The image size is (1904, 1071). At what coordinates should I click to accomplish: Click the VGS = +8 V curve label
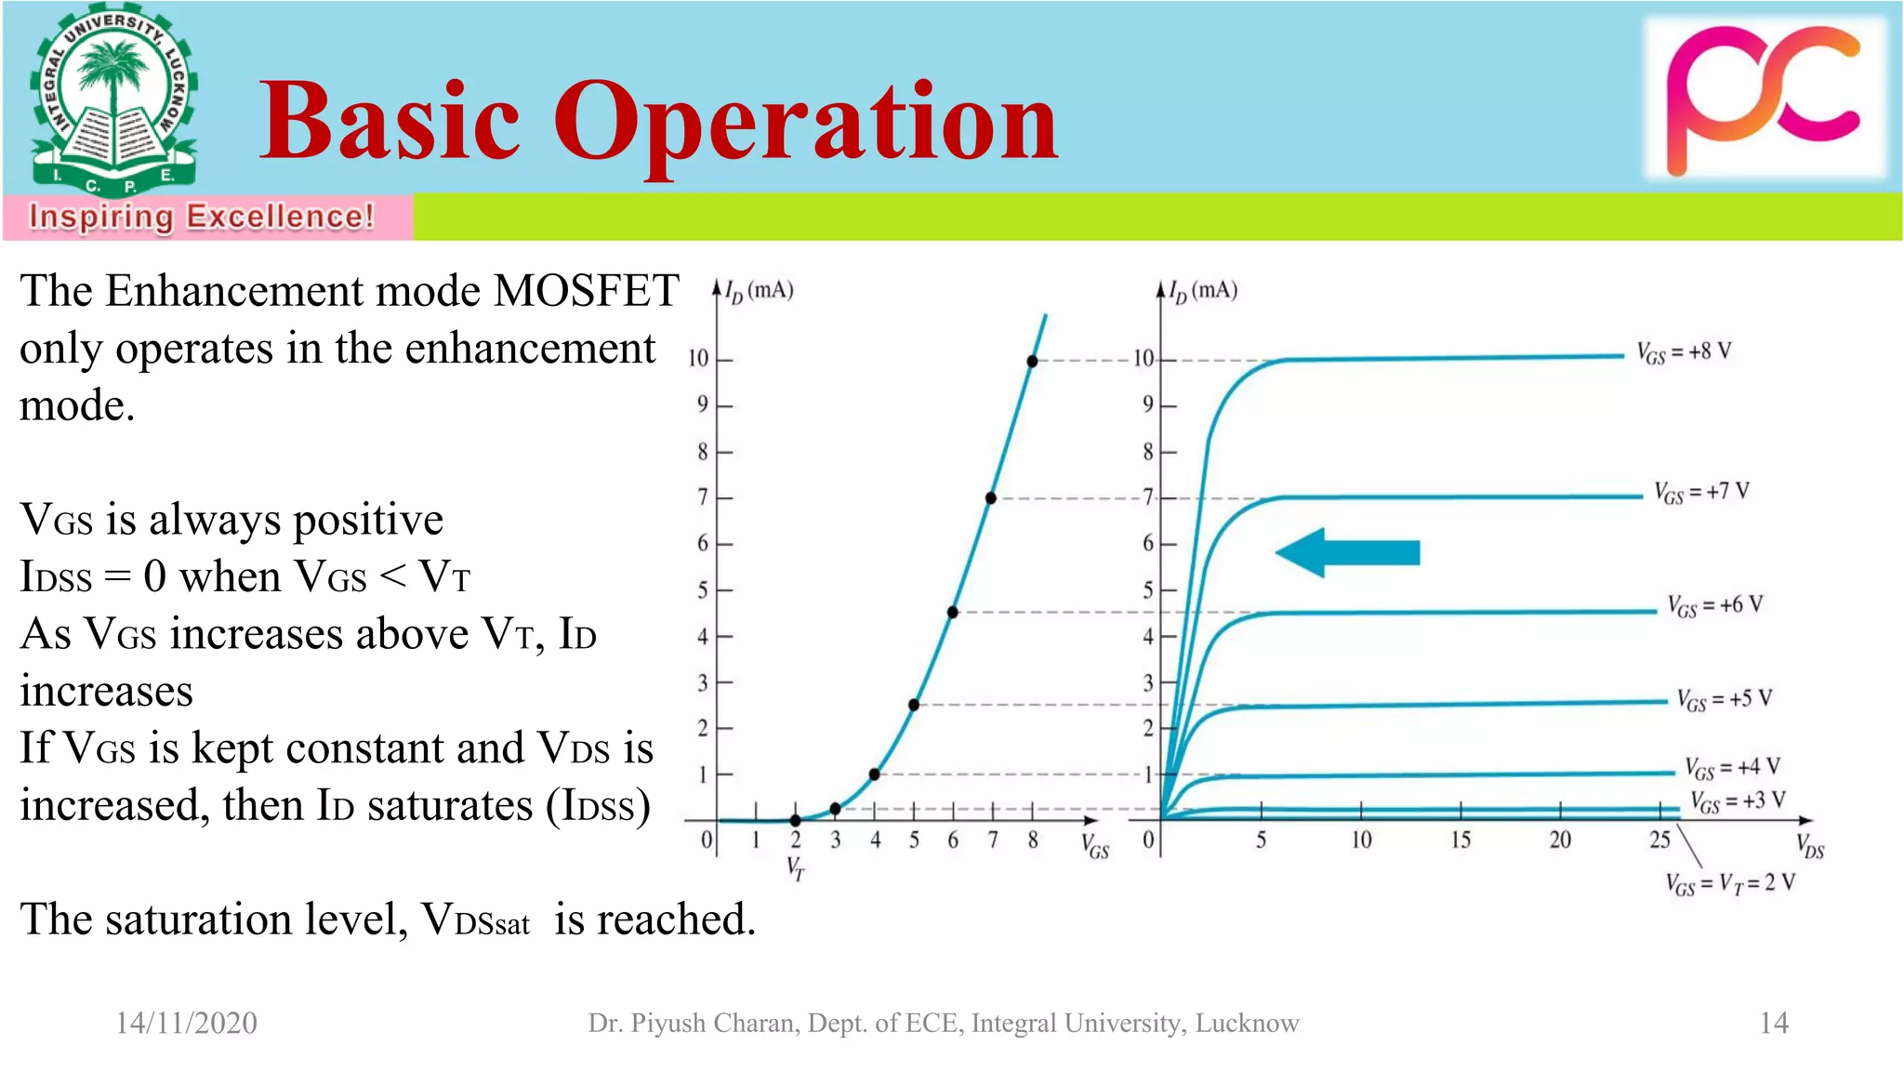pos(1684,352)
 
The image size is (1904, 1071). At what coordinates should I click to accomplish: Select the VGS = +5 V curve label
pos(1725,699)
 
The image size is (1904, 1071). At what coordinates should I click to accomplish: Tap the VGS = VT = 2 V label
pos(1730,883)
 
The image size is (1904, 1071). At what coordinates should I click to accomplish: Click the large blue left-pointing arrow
pos(1347,553)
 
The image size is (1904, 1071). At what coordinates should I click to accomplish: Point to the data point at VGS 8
pos(1032,361)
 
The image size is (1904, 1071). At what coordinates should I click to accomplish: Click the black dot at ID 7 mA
pos(991,498)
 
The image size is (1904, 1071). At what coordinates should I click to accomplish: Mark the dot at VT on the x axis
pos(796,820)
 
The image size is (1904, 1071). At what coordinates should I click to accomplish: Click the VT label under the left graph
pos(796,869)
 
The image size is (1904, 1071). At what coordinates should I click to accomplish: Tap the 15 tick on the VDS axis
pos(1461,840)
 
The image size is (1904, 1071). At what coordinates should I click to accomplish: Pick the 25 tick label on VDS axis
pos(1660,840)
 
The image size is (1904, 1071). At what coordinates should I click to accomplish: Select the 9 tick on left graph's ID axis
pos(703,404)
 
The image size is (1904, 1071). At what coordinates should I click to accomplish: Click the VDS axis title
pos(1809,847)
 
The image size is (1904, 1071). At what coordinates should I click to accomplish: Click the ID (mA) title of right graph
pos(1203,291)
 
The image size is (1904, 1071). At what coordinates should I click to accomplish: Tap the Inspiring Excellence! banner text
pos(201,217)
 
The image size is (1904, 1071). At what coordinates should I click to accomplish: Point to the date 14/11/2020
pos(186,1023)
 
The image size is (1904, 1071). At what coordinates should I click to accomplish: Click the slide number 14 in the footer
pos(1773,1023)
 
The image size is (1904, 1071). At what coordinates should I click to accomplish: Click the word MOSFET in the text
pos(586,291)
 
